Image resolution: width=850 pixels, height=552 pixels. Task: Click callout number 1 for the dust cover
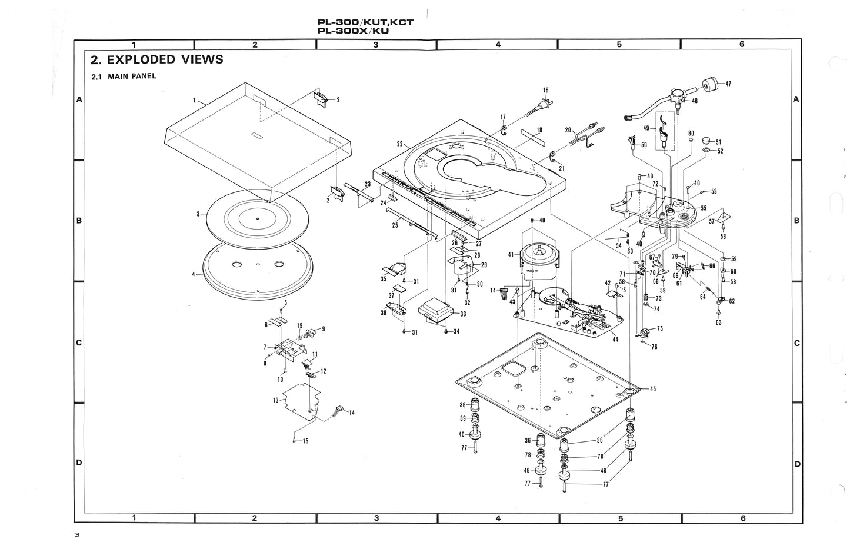pyautogui.click(x=194, y=101)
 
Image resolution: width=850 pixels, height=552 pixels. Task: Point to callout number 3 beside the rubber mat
pyautogui.click(x=199, y=214)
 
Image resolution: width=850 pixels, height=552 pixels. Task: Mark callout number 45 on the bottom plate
pyautogui.click(x=652, y=389)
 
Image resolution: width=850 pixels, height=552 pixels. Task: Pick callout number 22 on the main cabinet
pyautogui.click(x=399, y=144)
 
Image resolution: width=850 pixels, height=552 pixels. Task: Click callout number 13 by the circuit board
pyautogui.click(x=275, y=400)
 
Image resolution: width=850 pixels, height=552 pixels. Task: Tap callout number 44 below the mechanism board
pyautogui.click(x=615, y=340)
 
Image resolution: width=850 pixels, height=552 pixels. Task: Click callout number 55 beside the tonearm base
pyautogui.click(x=703, y=208)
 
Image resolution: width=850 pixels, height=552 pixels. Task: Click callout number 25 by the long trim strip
pyautogui.click(x=395, y=225)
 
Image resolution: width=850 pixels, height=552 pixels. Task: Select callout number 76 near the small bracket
pyautogui.click(x=654, y=347)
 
